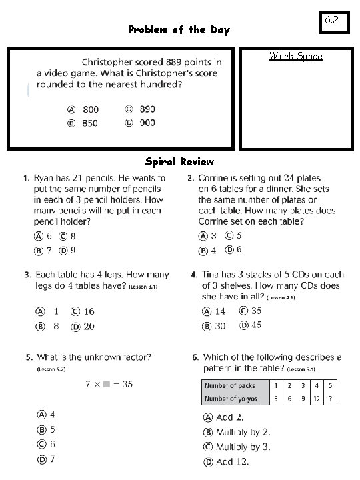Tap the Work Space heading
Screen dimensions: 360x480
[x=295, y=56]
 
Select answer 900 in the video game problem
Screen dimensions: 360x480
[x=147, y=123]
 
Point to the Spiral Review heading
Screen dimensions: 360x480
[x=179, y=162]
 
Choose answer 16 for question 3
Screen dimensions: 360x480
[x=88, y=311]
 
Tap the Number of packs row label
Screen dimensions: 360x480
[x=229, y=386]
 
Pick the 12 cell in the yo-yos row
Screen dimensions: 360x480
[x=316, y=399]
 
